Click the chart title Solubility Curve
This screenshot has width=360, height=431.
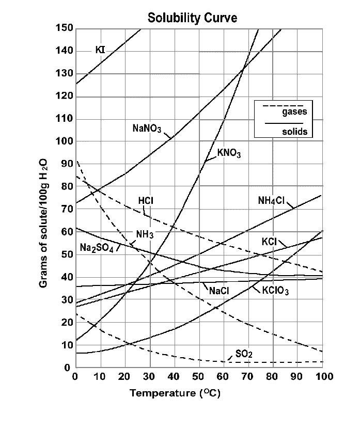[193, 18]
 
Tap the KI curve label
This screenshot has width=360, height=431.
[100, 50]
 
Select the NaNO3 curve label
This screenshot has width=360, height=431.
[147, 127]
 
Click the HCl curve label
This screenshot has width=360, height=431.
[146, 201]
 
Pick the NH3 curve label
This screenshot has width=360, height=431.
[145, 234]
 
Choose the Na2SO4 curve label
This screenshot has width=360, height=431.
[96, 247]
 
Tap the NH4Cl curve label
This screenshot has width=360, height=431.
[272, 201]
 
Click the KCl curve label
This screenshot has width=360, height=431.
[270, 242]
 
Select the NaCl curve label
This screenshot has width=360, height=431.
[219, 290]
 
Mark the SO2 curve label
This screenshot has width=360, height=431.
[244, 354]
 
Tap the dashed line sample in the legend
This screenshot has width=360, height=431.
[283, 105]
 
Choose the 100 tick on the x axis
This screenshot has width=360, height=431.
[322, 377]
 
